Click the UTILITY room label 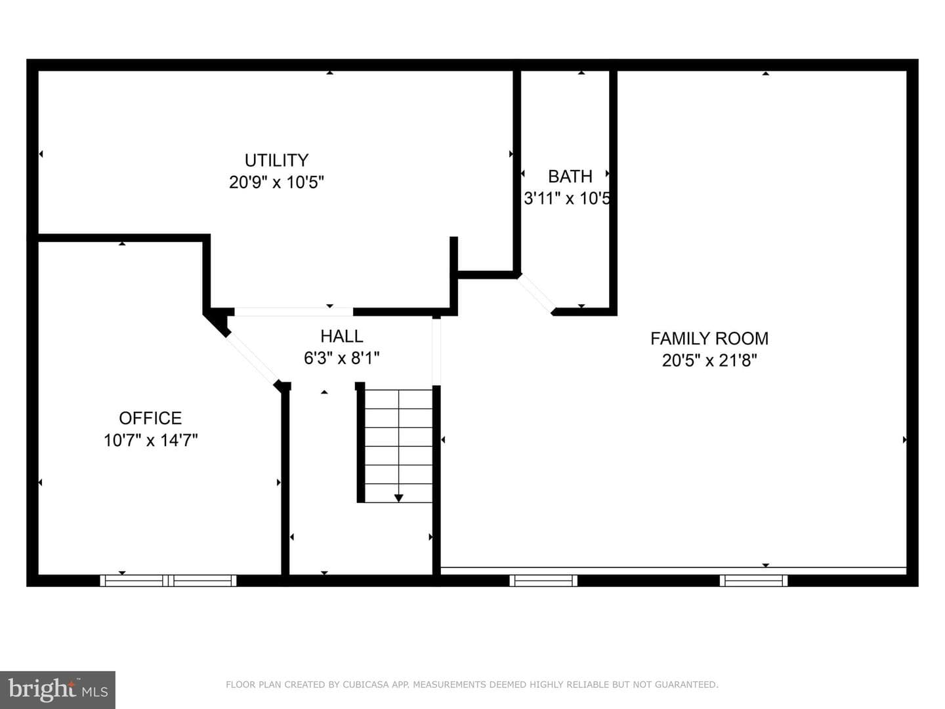click(x=276, y=161)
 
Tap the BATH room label click(x=570, y=176)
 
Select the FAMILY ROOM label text click(x=709, y=338)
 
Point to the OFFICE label click(x=150, y=418)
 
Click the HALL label click(x=341, y=336)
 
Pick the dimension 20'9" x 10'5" click(x=276, y=182)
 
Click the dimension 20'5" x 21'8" click(x=709, y=361)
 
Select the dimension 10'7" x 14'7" click(x=150, y=440)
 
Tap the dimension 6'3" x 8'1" click(x=341, y=358)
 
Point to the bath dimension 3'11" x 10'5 click(x=567, y=198)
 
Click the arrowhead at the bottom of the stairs click(x=398, y=498)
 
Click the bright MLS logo click(x=58, y=690)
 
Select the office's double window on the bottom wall click(x=169, y=581)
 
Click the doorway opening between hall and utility click(x=293, y=312)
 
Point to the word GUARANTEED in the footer click(x=686, y=685)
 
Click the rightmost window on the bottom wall click(x=753, y=581)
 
